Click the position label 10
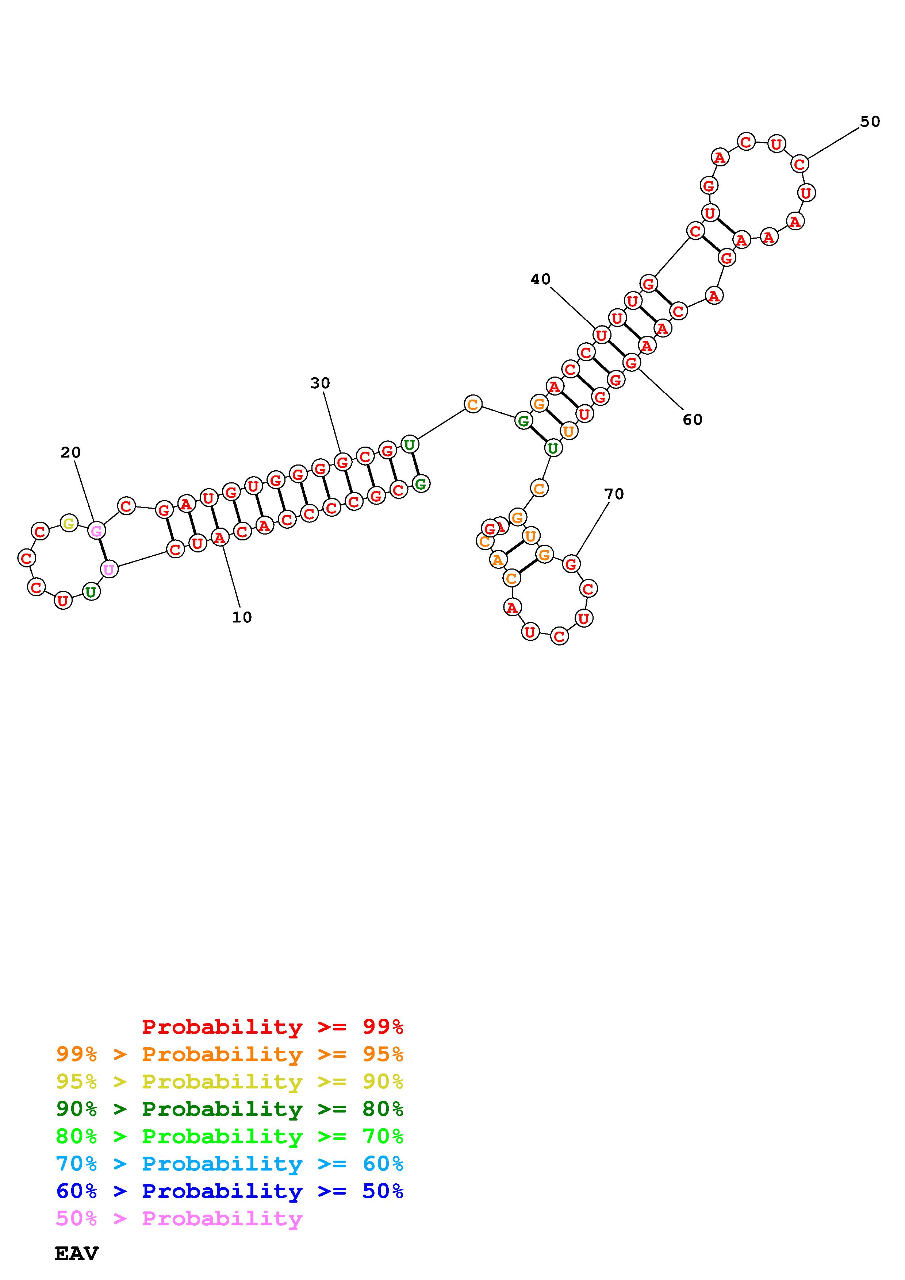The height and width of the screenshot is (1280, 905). pos(242,617)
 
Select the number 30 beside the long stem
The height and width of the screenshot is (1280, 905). pos(320,383)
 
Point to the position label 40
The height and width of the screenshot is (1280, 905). pos(540,279)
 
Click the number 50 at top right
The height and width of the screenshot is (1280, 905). pos(870,122)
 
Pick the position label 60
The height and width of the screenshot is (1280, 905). pos(693,419)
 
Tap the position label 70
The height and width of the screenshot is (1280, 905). pos(614,494)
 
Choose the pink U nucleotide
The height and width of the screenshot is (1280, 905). pos(109,570)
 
